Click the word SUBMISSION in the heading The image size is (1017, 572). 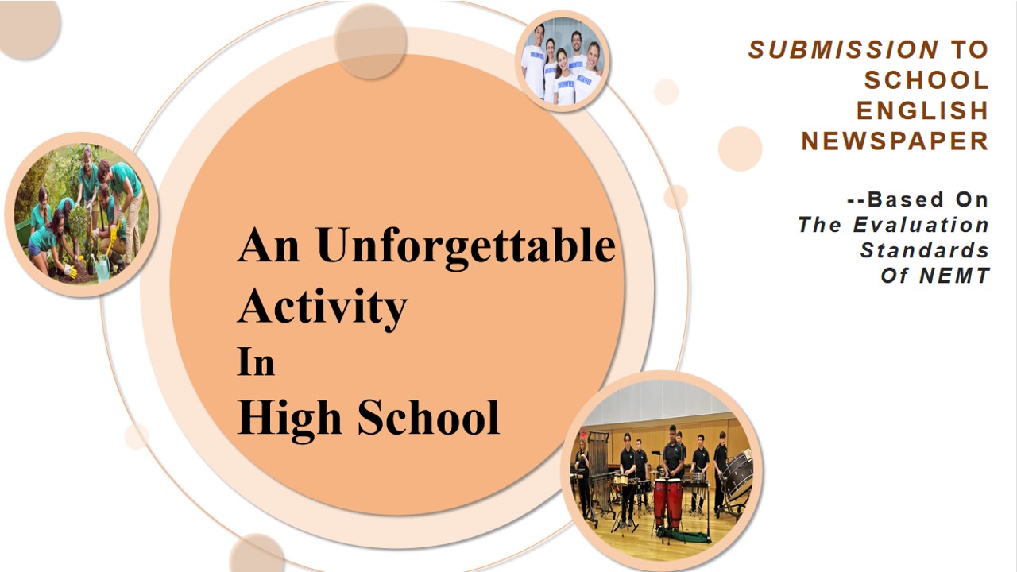click(843, 49)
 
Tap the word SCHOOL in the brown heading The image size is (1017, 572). click(926, 80)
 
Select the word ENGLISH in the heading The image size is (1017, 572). click(922, 110)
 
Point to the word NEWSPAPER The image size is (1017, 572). click(895, 141)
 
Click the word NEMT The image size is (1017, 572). click(954, 276)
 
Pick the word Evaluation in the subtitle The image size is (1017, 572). click(921, 225)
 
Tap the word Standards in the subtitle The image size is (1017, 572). click(924, 250)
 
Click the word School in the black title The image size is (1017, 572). click(428, 418)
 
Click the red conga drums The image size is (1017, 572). click(668, 503)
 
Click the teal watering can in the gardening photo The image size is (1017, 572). click(102, 266)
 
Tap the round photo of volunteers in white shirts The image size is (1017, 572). click(563, 62)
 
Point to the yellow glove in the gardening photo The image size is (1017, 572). click(71, 271)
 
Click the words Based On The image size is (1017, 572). click(918, 199)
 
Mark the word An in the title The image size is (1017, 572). click(269, 245)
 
